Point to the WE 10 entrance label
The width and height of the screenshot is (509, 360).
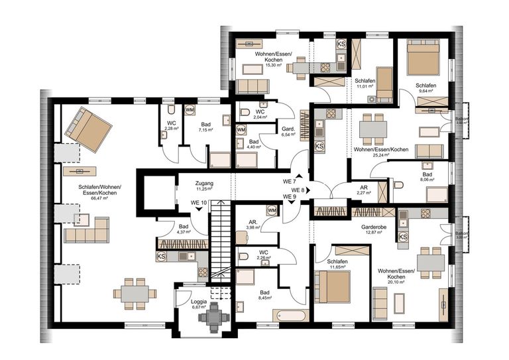point(199,202)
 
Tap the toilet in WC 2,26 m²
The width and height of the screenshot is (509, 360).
point(243,256)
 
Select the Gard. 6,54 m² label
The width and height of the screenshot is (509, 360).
point(288,131)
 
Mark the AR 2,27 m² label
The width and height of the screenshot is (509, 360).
point(364,191)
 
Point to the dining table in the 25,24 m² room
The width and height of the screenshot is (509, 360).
point(373,127)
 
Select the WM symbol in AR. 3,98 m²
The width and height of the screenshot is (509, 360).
point(271,210)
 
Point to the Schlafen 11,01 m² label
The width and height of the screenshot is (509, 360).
point(364,84)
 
